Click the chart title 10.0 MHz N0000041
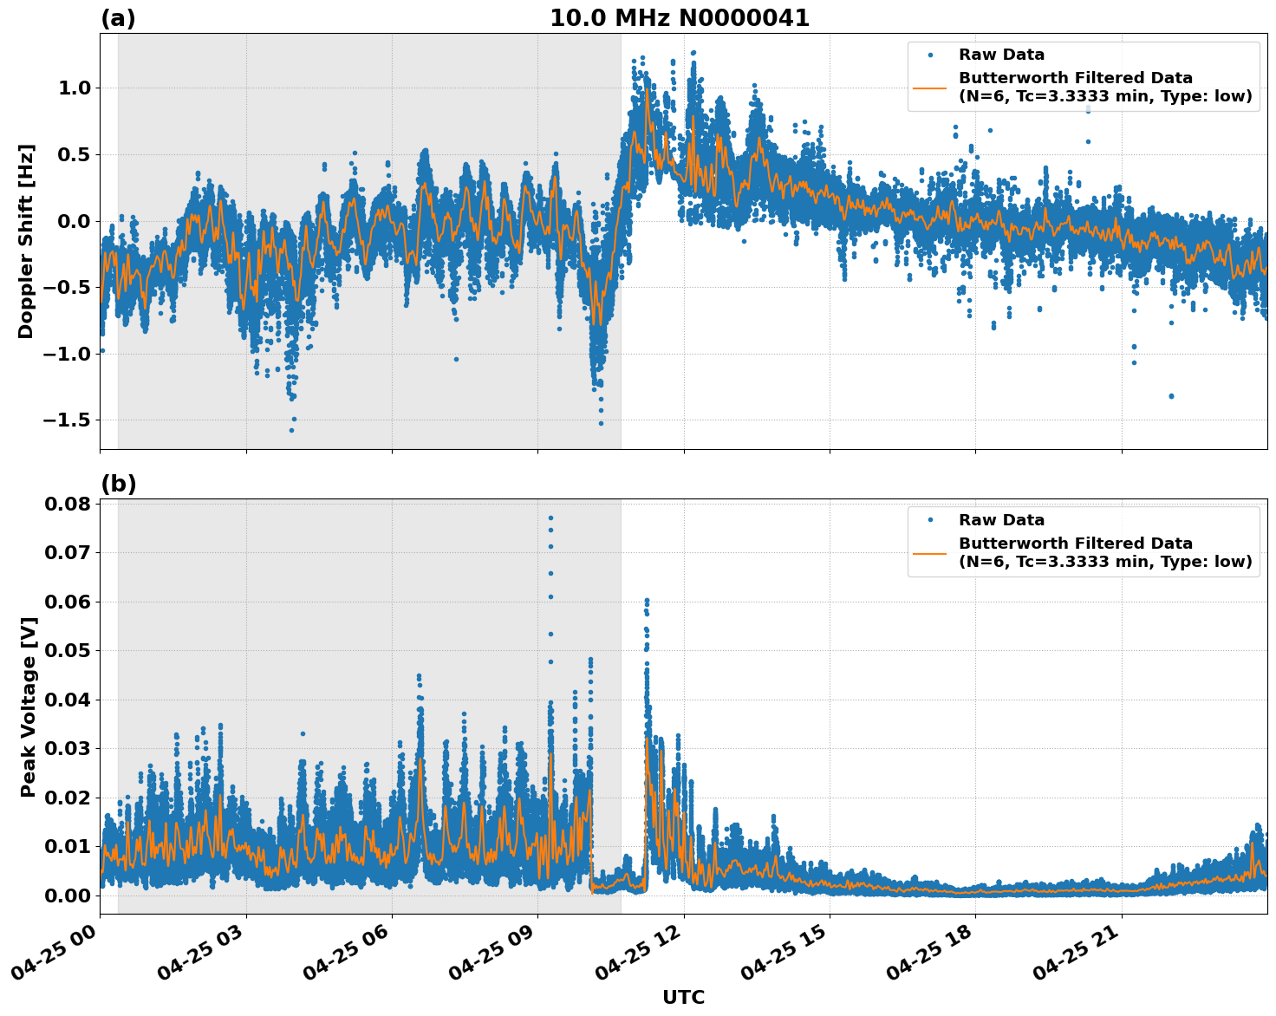click(680, 18)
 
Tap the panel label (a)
click(118, 18)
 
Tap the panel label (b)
click(118, 484)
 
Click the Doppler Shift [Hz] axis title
click(26, 241)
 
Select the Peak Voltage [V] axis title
click(29, 707)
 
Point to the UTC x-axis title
click(683, 997)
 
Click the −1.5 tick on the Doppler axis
click(68, 420)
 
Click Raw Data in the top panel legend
click(1001, 55)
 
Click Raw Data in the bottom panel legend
click(1001, 520)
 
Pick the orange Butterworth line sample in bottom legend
click(930, 552)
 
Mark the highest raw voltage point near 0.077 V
click(550, 518)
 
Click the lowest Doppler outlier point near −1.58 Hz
click(291, 430)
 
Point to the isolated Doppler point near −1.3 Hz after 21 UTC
click(1171, 396)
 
